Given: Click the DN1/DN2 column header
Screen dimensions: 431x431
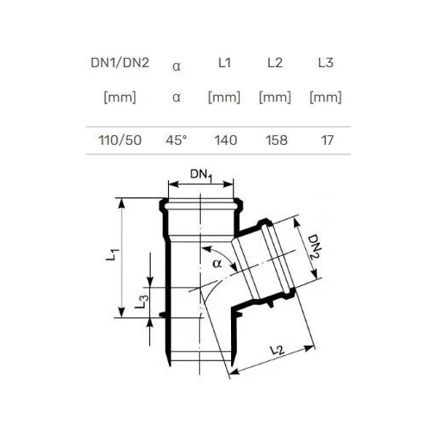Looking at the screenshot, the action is coord(120,63).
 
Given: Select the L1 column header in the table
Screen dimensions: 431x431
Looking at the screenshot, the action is coord(224,63).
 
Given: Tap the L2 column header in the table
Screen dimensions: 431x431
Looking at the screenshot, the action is coord(275,63).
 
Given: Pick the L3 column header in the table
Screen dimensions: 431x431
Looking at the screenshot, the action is coord(326,63).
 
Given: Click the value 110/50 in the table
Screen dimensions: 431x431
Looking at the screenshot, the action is coord(120,141).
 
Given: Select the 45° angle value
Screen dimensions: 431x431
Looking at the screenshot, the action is coord(176,141).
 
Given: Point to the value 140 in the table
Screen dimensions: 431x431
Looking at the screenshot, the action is coord(226,141).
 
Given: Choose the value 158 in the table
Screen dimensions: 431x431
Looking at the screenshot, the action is coord(277,141).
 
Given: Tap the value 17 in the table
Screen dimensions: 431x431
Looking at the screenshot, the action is coord(328,141).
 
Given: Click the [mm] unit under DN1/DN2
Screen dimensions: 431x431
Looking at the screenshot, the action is coord(120,97).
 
